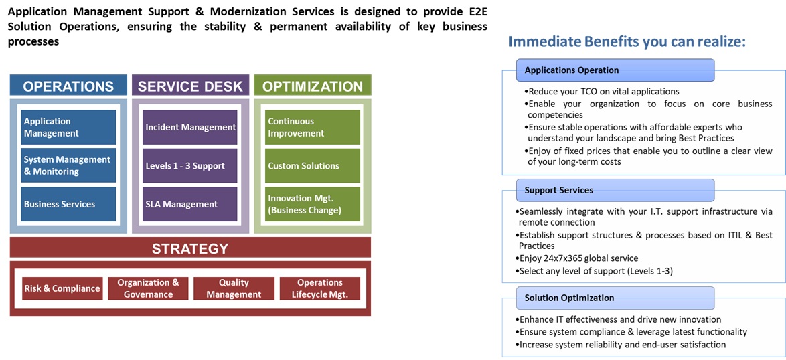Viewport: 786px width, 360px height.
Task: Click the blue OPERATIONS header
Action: click(68, 86)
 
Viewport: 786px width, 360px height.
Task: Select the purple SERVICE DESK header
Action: click(190, 86)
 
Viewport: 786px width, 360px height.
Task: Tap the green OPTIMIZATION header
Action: click(313, 86)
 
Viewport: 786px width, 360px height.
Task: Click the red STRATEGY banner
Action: click(190, 248)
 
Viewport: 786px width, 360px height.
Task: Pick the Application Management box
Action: click(68, 127)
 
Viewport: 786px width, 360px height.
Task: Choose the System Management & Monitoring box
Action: click(68, 165)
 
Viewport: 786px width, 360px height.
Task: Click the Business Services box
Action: click(68, 204)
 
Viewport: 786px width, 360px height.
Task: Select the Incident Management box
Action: click(190, 127)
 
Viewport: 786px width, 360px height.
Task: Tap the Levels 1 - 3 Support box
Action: click(190, 165)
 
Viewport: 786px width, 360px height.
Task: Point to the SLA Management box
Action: click(190, 204)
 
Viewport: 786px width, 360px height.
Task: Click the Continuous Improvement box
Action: click(313, 127)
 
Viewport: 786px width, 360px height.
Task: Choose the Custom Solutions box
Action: click(313, 165)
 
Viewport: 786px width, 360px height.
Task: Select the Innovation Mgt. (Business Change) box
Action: click(313, 204)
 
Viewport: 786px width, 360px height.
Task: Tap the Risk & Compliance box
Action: click(62, 288)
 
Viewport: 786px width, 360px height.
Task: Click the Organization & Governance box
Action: click(148, 288)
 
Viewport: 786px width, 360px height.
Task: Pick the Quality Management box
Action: click(234, 288)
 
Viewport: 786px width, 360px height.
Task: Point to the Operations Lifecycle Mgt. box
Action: click(319, 288)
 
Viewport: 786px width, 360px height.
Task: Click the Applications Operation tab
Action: click(615, 70)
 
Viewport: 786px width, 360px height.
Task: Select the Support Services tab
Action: click(615, 190)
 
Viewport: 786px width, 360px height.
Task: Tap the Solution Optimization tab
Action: click(615, 298)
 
